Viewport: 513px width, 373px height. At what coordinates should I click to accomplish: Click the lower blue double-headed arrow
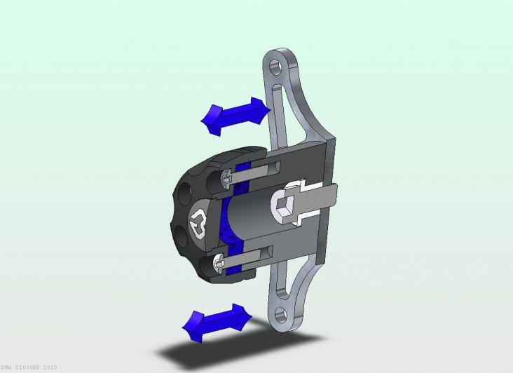pyautogui.click(x=217, y=322)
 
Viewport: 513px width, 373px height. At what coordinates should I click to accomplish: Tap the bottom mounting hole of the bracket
pyautogui.click(x=284, y=313)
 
